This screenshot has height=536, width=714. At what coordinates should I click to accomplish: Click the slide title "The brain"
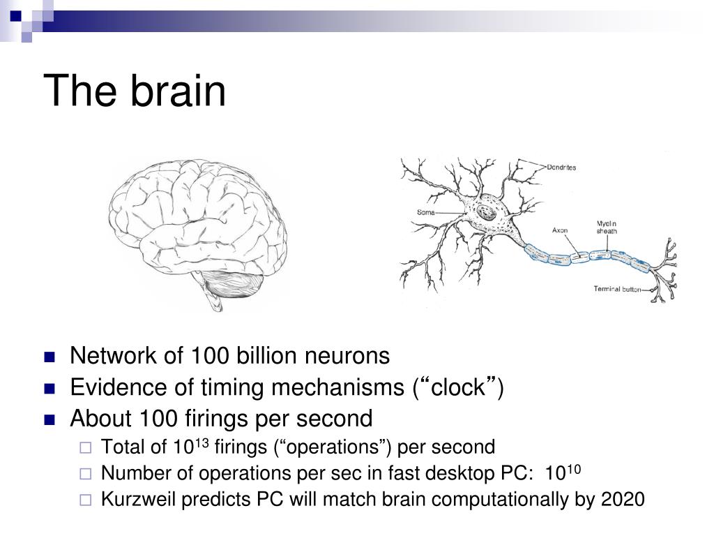135,91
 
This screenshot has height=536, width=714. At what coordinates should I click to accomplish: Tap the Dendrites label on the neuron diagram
561,167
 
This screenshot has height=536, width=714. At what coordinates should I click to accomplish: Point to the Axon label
560,230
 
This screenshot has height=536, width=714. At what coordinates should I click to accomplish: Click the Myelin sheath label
606,228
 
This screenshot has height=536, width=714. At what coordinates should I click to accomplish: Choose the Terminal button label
616,289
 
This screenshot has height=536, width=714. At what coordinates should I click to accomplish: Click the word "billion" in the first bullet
260,356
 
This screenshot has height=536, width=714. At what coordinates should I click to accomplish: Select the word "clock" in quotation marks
457,387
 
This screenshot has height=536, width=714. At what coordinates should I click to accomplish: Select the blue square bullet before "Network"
49,357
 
